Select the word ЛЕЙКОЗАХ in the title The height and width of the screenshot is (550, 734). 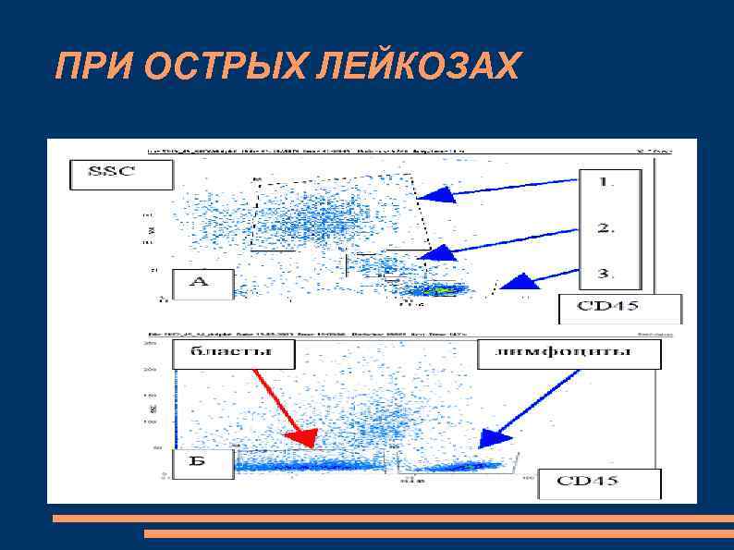tap(428, 66)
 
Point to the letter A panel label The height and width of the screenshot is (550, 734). tap(199, 282)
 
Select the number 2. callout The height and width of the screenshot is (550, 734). tap(605, 228)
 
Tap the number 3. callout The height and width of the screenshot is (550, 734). tap(605, 274)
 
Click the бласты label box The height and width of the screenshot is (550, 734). tap(232, 352)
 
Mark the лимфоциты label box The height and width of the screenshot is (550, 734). tap(569, 353)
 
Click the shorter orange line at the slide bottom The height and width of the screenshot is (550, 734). tap(438, 534)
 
